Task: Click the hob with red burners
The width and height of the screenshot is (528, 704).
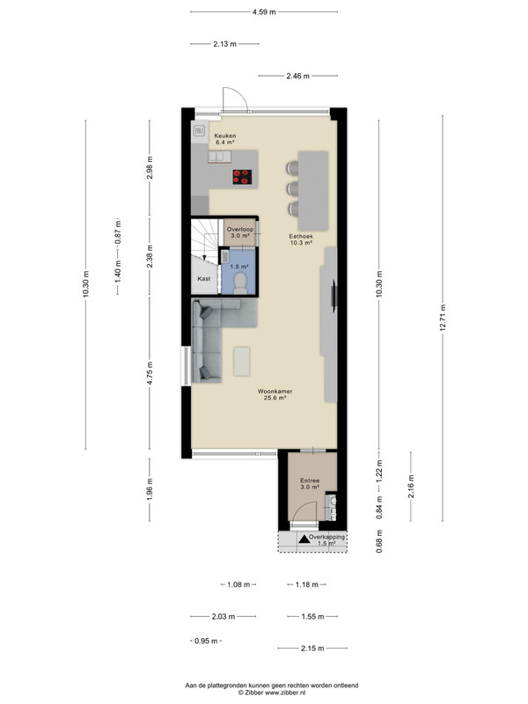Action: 242,177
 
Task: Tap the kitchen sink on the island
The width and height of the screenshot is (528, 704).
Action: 219,157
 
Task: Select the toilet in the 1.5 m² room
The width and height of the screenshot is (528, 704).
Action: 241,282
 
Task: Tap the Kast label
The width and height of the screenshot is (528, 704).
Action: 204,278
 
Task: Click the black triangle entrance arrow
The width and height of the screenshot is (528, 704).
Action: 304,539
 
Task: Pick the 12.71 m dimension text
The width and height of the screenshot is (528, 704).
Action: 443,318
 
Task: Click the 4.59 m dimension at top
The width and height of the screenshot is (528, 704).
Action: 264,12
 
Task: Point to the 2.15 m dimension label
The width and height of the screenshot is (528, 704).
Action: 312,649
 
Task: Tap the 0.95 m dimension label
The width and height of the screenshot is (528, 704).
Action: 206,642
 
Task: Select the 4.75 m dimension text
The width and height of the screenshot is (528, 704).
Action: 150,373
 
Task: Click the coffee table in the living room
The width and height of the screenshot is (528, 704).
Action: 242,361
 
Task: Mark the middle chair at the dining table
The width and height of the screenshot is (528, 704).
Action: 293,188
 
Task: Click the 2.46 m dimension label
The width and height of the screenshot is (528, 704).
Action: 298,76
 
